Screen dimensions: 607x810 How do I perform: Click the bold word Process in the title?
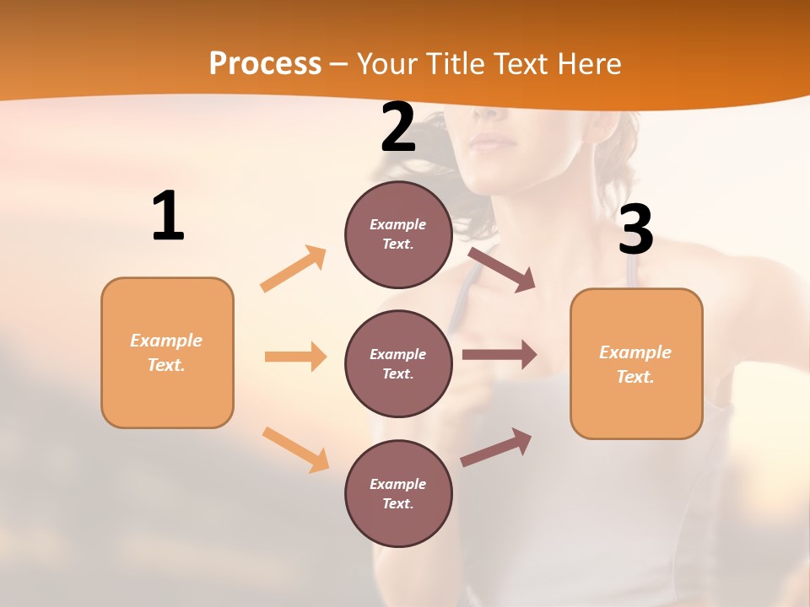click(265, 64)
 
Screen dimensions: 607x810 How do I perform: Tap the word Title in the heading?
click(456, 64)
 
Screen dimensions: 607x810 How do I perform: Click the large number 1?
click(168, 216)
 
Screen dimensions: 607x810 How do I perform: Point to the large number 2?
click(398, 127)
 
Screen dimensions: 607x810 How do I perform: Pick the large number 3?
click(636, 229)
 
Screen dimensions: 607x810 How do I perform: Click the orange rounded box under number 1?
click(167, 352)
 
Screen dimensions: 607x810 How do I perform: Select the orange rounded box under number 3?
click(636, 363)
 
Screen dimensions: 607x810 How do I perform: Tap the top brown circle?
click(398, 234)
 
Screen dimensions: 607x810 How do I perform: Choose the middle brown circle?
click(398, 363)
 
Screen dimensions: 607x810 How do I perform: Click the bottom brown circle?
click(398, 493)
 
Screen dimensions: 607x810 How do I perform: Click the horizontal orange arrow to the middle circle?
click(295, 357)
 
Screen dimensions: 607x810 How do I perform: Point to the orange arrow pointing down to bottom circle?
click(295, 449)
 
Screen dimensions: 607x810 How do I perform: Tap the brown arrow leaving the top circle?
click(501, 269)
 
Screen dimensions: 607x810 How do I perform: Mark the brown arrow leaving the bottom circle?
click(496, 447)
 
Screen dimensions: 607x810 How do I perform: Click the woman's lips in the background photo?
click(492, 142)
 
